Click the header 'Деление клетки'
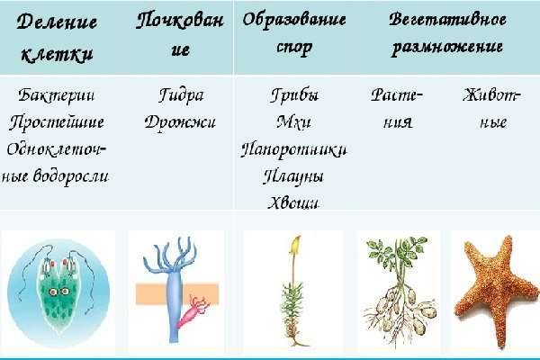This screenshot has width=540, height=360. (x=58, y=37)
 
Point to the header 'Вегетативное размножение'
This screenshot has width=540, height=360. (x=446, y=32)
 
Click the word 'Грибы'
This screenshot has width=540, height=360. (x=294, y=95)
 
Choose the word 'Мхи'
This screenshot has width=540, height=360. (x=294, y=121)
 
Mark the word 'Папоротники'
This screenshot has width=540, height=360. (x=294, y=148)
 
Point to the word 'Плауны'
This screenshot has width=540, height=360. (x=294, y=175)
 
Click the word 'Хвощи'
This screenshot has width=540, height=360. (x=294, y=202)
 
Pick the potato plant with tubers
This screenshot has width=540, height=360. (x=400, y=288)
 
